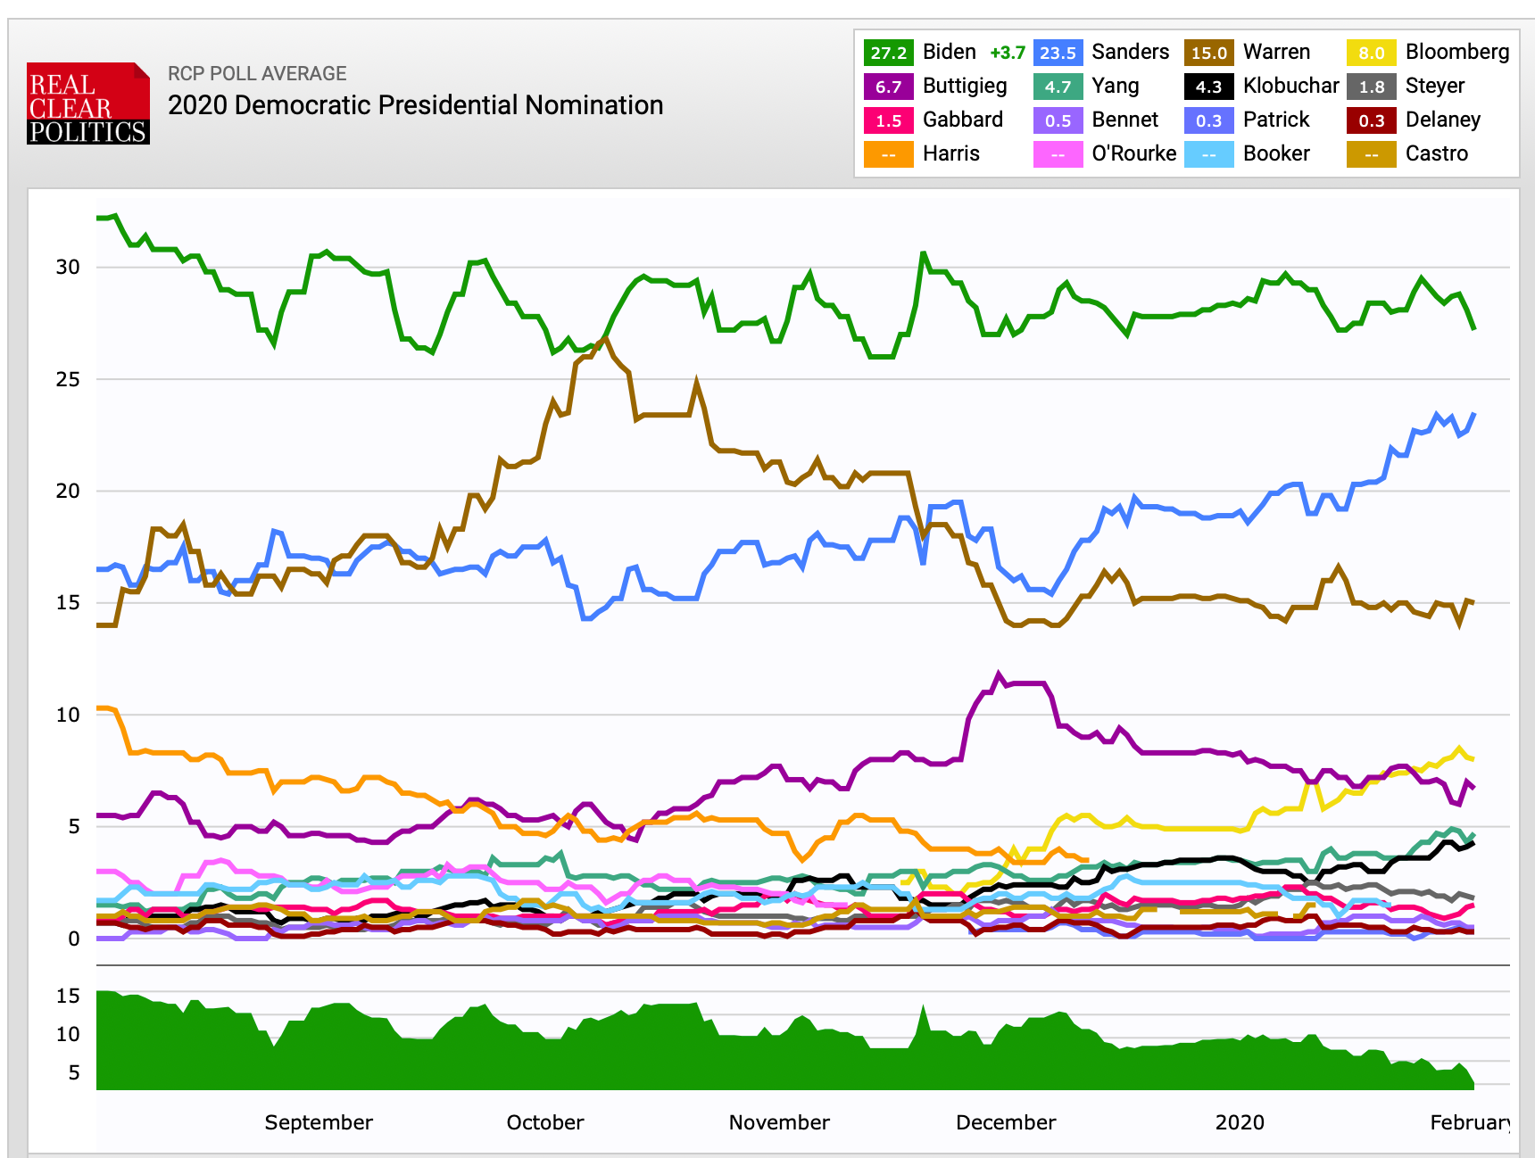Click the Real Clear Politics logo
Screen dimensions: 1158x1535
coord(87,103)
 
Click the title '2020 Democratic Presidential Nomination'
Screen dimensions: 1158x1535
coord(415,105)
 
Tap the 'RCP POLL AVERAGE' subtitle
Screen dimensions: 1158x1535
coord(257,74)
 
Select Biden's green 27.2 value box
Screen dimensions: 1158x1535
coord(888,53)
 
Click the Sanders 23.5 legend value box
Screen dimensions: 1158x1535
coord(1058,53)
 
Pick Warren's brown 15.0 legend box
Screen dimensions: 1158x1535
coord(1208,53)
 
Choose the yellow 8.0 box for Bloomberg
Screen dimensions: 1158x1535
coord(1371,53)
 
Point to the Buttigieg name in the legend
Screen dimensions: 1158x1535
coord(965,87)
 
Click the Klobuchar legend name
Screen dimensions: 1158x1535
coord(1290,87)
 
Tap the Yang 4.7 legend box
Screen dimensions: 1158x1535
coord(1058,87)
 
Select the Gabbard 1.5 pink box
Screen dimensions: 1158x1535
coord(888,120)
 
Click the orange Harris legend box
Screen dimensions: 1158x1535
coord(888,154)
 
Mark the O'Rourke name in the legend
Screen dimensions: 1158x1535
coord(1133,154)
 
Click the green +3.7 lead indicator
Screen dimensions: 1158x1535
coord(1008,53)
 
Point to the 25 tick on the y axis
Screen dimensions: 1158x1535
coord(68,380)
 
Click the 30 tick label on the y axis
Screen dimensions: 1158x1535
coord(68,268)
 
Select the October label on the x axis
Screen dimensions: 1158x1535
coord(545,1122)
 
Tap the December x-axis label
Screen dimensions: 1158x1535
coord(1006,1122)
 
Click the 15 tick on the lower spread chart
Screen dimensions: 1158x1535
coord(68,997)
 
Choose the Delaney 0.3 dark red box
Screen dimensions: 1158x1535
coord(1371,120)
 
